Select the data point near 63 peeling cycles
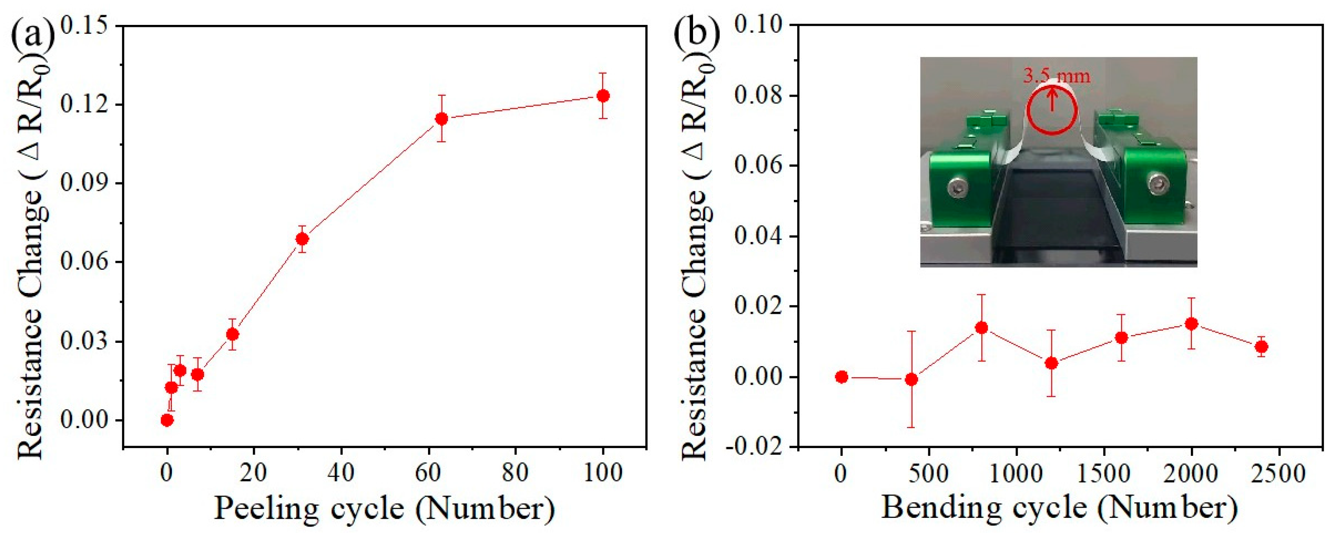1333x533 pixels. [x=441, y=118]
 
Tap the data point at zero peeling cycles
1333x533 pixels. [x=167, y=420]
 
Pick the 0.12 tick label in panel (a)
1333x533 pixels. [x=85, y=104]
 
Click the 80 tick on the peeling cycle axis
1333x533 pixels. [x=515, y=473]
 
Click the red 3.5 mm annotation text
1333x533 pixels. [x=1056, y=76]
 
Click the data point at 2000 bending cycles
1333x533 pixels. [x=1191, y=324]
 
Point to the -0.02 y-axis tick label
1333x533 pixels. [x=753, y=446]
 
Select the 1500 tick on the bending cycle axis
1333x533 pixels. [x=1104, y=473]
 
